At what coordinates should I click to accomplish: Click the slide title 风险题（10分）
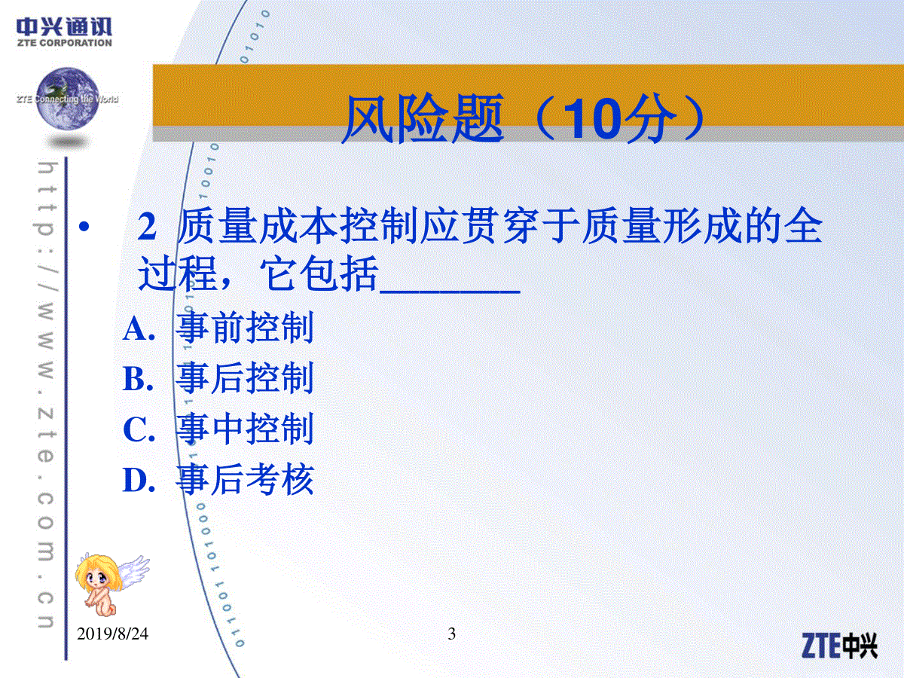coord(524,118)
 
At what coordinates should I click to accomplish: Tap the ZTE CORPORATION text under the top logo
coord(65,43)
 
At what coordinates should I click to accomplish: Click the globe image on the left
coord(68,99)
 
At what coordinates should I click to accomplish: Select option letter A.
coord(139,329)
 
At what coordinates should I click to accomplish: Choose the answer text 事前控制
coord(245,328)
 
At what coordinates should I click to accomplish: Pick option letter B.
coord(139,379)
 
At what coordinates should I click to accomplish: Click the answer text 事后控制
coord(245,378)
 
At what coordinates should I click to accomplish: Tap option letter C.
coord(139,429)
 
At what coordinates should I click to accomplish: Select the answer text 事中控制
coord(245,429)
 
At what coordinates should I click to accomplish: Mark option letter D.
coord(139,480)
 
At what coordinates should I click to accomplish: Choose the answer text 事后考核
coord(245,479)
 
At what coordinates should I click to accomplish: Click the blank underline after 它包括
coord(450,292)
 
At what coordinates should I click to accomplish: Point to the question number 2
coord(147,228)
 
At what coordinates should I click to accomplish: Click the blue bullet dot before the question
coord(84,227)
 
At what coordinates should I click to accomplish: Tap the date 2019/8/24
coord(112,634)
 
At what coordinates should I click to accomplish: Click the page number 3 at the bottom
coord(452,634)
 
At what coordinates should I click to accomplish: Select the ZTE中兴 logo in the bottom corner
coord(839,646)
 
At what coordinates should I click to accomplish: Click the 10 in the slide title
coord(593,119)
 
